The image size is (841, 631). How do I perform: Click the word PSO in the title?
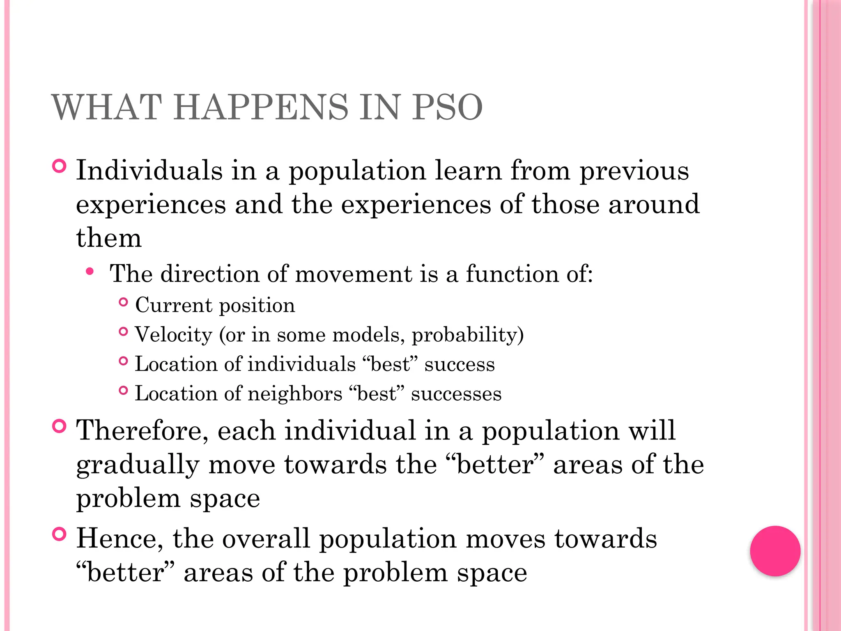click(448, 108)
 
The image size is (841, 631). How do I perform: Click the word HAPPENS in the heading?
click(260, 108)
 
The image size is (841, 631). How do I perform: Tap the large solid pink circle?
click(775, 551)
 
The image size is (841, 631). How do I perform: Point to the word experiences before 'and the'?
click(151, 205)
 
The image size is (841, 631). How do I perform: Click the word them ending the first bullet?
click(109, 238)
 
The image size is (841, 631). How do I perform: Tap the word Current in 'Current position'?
click(174, 305)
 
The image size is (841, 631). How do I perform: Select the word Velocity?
click(173, 335)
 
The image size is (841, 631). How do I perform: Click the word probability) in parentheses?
click(468, 335)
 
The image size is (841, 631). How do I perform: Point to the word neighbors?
click(295, 394)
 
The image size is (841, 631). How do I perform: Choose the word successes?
click(456, 394)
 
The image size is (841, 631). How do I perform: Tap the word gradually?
click(138, 465)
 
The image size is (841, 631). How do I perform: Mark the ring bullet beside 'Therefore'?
click(60, 426)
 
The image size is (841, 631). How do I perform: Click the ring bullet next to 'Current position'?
click(123, 302)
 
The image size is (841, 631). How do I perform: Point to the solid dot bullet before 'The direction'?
click(90, 271)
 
